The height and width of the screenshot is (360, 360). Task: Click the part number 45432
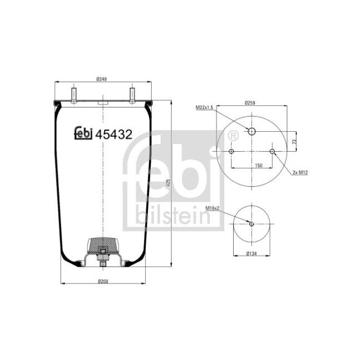(114, 133)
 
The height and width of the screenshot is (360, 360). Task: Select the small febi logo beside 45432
(84, 133)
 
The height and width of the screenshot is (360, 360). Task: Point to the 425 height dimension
(167, 182)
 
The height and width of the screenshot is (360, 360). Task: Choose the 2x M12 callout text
(300, 172)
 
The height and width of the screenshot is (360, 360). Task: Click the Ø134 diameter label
(252, 254)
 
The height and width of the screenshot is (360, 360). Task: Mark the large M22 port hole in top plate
(251, 132)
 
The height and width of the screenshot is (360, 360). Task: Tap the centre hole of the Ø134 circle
(251, 224)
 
